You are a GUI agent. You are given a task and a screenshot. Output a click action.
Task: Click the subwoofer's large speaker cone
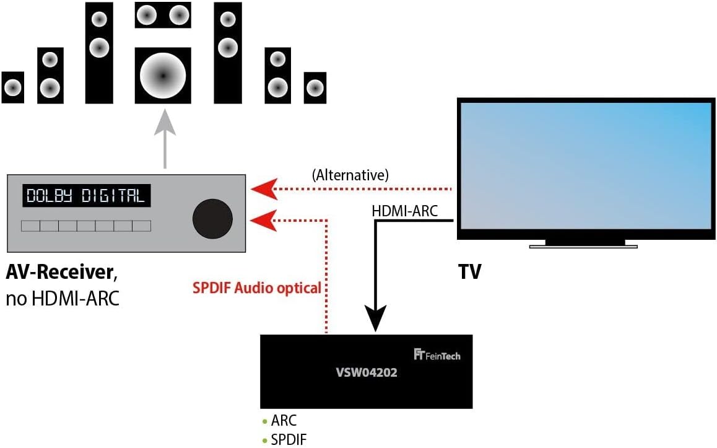163,76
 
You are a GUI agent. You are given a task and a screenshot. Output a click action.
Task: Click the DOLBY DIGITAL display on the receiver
86,196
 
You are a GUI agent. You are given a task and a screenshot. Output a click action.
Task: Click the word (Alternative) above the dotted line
350,175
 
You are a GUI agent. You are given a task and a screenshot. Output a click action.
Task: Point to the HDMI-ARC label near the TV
404,211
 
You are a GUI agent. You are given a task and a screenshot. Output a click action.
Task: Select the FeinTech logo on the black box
437,355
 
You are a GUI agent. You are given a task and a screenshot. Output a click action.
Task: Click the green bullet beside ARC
264,422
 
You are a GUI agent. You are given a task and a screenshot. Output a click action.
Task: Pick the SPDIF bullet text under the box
289,440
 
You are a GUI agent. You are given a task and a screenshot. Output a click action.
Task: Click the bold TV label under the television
469,272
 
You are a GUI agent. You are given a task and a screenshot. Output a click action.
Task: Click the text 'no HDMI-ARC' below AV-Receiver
63,299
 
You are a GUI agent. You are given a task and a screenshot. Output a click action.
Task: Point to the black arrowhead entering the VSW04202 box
375,319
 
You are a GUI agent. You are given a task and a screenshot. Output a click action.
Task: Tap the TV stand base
583,246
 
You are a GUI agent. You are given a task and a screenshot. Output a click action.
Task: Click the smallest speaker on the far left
12,87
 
